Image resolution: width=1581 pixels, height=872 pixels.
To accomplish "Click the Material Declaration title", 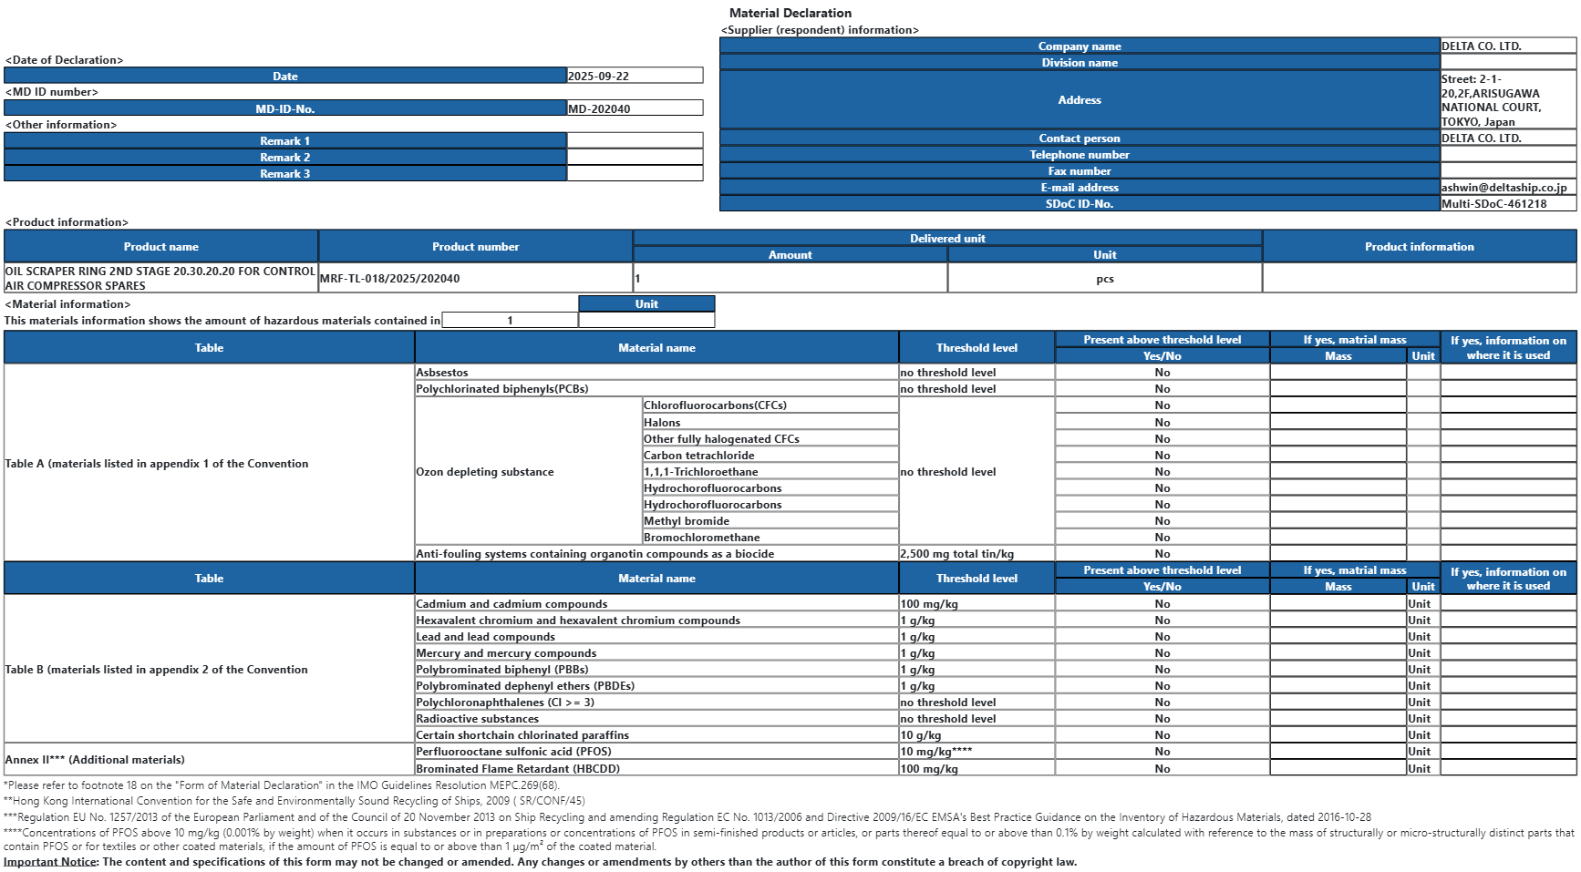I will pyautogui.click(x=790, y=13).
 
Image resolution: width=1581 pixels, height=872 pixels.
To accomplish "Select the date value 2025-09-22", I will pyautogui.click(x=599, y=77).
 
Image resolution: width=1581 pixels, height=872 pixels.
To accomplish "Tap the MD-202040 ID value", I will pyautogui.click(x=599, y=108).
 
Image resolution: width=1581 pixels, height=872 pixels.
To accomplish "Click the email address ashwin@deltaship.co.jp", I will pyautogui.click(x=1503, y=188).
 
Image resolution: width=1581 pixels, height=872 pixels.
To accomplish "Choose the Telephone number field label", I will pyautogui.click(x=1079, y=155).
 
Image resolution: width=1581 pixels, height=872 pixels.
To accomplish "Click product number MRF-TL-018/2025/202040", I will pyautogui.click(x=389, y=279).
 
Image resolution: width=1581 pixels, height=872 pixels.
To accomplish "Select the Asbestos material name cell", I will pyautogui.click(x=442, y=373).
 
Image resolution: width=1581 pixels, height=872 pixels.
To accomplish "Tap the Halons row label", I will pyautogui.click(x=662, y=423).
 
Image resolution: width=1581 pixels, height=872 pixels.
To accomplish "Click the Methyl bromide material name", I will pyautogui.click(x=686, y=521).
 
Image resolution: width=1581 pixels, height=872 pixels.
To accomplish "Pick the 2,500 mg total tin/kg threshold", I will pyautogui.click(x=956, y=554).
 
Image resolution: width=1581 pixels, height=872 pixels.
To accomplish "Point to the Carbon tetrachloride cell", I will pyautogui.click(x=698, y=456).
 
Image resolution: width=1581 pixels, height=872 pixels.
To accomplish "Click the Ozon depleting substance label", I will pyautogui.click(x=484, y=472).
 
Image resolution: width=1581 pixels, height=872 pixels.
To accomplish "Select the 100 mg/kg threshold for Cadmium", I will pyautogui.click(x=929, y=604).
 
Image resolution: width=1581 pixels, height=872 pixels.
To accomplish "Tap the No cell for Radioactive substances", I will pyautogui.click(x=1162, y=719).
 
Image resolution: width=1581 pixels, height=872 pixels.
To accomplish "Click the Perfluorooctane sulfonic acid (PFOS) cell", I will pyautogui.click(x=513, y=752).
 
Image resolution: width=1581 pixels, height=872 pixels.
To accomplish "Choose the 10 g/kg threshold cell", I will pyautogui.click(x=920, y=735).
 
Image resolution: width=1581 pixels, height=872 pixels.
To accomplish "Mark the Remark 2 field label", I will pyautogui.click(x=284, y=158).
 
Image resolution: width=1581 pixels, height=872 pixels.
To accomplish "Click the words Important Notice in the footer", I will pyautogui.click(x=50, y=862).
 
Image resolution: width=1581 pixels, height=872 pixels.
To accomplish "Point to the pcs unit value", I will pyautogui.click(x=1104, y=279).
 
